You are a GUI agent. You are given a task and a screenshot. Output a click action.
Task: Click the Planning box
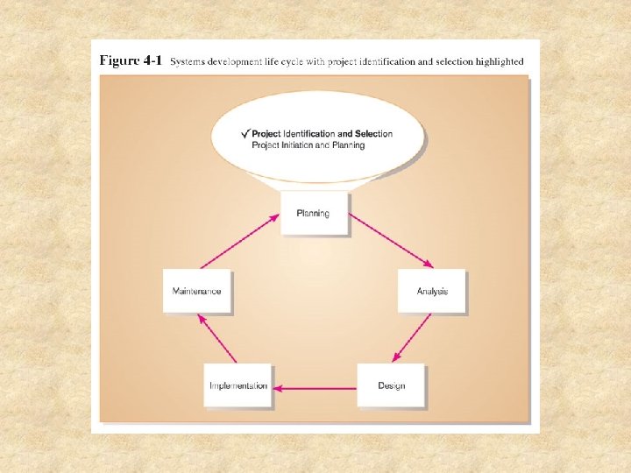click(314, 213)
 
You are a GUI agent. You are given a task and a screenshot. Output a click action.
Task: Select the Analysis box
click(430, 291)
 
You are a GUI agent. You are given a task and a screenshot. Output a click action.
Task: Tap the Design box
click(391, 385)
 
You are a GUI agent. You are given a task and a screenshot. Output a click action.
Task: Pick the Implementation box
click(238, 385)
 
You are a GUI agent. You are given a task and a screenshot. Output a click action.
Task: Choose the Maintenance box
click(196, 291)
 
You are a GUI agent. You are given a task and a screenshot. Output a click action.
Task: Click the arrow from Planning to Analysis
click(391, 240)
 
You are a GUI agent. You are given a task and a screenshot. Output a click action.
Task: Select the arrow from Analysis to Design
click(413, 337)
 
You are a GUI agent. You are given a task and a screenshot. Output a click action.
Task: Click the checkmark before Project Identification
click(245, 133)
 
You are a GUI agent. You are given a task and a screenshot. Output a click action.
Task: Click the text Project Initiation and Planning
click(308, 145)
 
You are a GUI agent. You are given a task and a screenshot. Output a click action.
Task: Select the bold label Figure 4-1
click(131, 61)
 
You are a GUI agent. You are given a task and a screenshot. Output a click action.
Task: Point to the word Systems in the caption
click(188, 62)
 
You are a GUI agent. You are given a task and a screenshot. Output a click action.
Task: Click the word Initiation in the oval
click(297, 145)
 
